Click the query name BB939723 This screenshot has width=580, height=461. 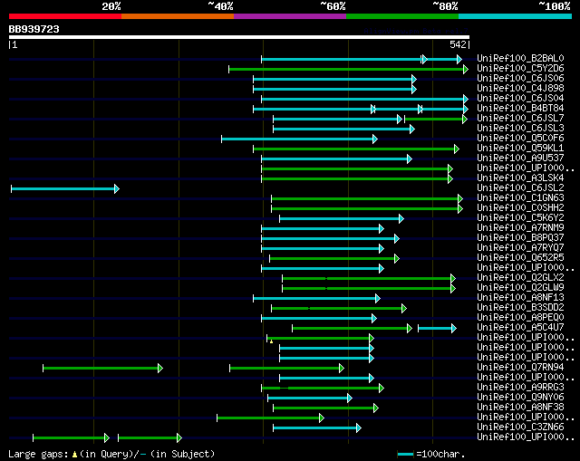[34, 29]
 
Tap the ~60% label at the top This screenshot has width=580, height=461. [333, 6]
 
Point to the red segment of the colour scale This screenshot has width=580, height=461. [64, 16]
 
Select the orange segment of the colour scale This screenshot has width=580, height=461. [177, 16]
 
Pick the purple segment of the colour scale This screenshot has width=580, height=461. [289, 16]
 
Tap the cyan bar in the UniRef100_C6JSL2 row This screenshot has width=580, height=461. [63, 188]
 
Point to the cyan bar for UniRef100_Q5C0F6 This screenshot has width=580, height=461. [298, 139]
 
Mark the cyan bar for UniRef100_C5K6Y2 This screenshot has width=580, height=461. [341, 218]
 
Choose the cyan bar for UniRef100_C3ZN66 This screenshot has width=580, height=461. [316, 427]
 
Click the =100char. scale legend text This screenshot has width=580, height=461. [442, 454]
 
